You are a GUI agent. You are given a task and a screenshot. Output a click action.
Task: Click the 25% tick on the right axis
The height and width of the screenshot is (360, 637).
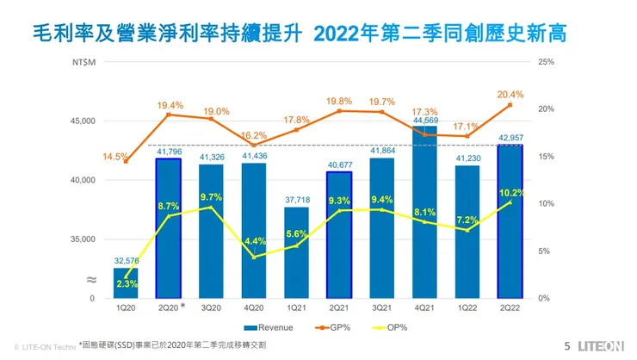click(x=544, y=62)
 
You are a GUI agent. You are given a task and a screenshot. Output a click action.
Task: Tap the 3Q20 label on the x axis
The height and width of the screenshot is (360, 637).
click(x=211, y=307)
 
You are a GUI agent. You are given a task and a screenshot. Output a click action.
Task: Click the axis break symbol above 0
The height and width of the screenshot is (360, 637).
click(x=90, y=280)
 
